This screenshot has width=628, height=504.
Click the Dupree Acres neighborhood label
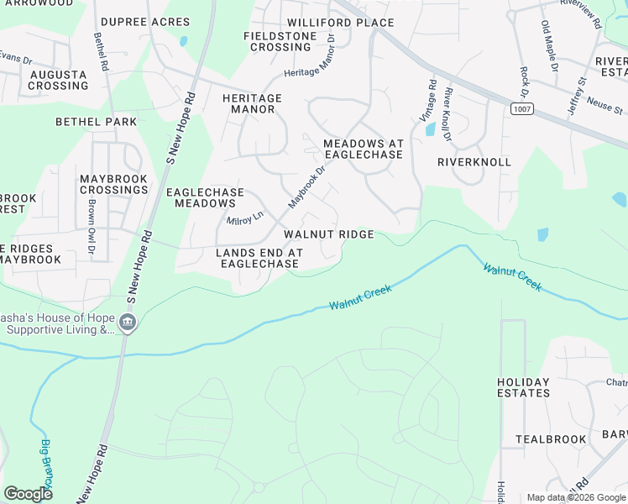point(144,22)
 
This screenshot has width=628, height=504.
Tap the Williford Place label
point(340,23)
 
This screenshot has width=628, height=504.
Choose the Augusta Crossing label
point(58,80)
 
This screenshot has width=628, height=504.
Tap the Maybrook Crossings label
point(113,184)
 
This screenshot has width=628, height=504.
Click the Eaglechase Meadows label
point(205,197)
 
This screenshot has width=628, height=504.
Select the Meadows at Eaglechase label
point(364,150)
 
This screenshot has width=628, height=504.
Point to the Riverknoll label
point(474,161)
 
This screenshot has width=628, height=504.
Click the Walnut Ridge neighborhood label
point(328,234)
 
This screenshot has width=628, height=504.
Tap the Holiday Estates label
point(523,387)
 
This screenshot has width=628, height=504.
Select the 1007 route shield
point(521,109)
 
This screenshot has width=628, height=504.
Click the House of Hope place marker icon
point(128,323)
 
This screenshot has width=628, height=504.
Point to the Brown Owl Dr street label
point(90,227)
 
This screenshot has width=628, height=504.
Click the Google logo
point(28,493)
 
